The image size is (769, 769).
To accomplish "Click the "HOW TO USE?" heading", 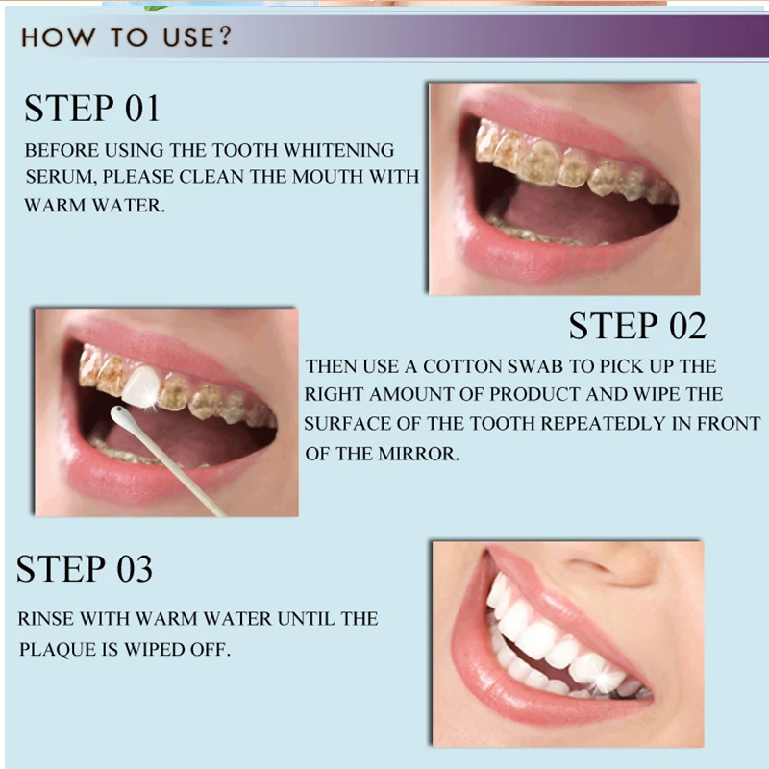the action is pos(126,37).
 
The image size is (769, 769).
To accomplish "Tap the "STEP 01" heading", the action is pos(92,108).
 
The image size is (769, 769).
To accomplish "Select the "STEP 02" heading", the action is pos(637,326).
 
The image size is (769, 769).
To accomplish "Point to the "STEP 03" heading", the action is pos(85,568).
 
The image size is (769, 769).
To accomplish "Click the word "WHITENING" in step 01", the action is pos(339,150).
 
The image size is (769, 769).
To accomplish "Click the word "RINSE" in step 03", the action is pos(46,619).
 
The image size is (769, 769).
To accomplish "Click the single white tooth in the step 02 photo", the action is pos(141,386).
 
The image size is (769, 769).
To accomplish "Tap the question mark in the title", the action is pos(225,37).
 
